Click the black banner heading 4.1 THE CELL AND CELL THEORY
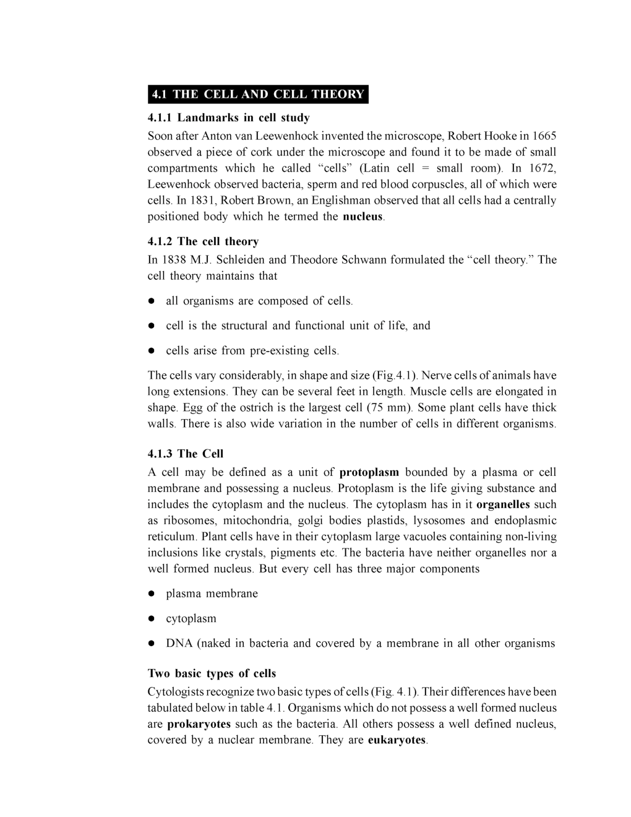[258, 94]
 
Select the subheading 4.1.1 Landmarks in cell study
[228, 118]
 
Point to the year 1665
[544, 136]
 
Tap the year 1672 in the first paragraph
[543, 168]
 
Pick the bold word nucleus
[363, 217]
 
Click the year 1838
[174, 260]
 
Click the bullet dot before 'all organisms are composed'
[150, 301]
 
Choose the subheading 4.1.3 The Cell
[186, 454]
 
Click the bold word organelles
[503, 504]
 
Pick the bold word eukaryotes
[397, 740]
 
